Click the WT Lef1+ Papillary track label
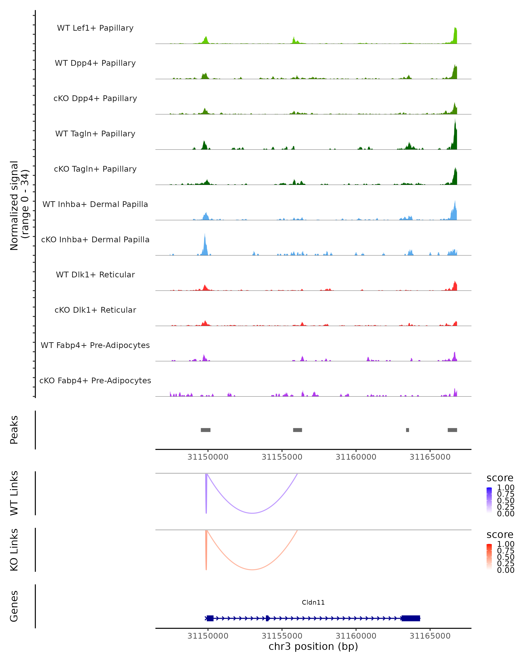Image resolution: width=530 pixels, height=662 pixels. pos(95,28)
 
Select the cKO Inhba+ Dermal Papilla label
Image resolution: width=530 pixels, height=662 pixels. pos(95,239)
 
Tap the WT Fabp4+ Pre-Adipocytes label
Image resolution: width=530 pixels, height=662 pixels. pos(95,345)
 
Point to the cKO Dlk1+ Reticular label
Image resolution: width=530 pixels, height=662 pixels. pos(95,310)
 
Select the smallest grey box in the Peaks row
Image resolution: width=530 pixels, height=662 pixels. pos(407,430)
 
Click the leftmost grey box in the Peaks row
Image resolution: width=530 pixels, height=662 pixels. pos(206,430)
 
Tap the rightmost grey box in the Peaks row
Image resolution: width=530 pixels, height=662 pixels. pos(452,430)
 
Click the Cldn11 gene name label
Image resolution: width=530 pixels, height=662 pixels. pos(313,602)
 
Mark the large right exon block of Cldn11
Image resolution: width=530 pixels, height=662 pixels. pos(411,618)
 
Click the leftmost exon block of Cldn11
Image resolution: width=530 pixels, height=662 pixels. pos(210,618)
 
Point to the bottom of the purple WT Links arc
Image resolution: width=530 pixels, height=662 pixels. pos(252,513)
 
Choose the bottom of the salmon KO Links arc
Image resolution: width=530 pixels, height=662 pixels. pos(252,570)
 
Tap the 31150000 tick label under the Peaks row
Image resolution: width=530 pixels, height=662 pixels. pos(208,457)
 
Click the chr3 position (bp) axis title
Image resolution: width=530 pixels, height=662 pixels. pos(313,646)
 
